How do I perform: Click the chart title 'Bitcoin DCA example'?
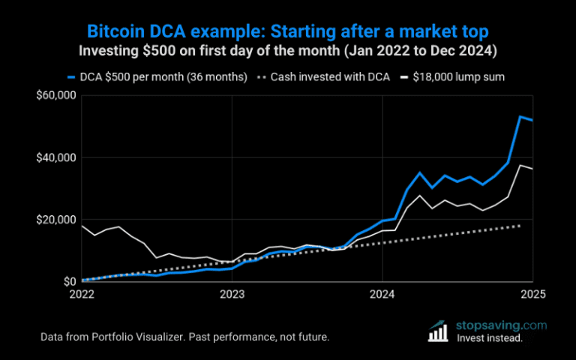[x=288, y=31]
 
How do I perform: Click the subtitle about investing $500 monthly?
[x=288, y=52]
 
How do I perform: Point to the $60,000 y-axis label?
[x=58, y=95]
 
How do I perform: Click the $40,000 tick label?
[x=58, y=157]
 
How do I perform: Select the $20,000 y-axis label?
[x=58, y=220]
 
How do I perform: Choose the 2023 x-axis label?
[x=232, y=293]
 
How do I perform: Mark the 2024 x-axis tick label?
[x=382, y=293]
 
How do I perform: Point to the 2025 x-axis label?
[x=532, y=293]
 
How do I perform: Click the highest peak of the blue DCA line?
[x=520, y=116]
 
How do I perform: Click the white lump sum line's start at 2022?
[x=82, y=226]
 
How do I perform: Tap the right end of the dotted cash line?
[x=520, y=226]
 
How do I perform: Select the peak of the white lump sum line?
[x=520, y=165]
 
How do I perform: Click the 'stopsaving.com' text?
[x=501, y=325]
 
